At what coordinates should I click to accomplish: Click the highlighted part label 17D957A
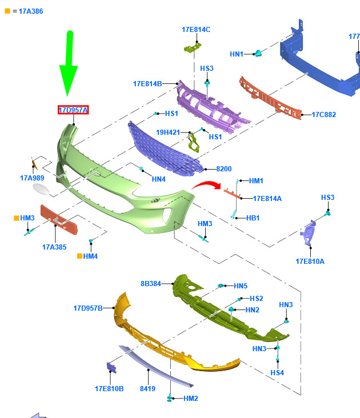(73, 110)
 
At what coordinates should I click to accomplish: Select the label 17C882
(323, 114)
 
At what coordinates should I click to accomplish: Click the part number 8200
(223, 169)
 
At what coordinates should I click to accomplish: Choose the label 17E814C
(196, 29)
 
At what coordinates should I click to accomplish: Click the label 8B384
(151, 283)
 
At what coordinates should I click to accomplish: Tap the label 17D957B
(88, 308)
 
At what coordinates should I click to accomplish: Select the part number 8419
(148, 389)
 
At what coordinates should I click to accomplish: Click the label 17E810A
(310, 261)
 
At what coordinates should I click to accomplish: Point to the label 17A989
(33, 178)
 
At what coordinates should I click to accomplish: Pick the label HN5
(241, 286)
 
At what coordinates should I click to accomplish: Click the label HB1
(253, 218)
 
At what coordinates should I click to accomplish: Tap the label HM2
(191, 398)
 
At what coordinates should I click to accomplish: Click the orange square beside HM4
(79, 256)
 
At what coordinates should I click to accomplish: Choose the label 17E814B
(147, 83)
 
